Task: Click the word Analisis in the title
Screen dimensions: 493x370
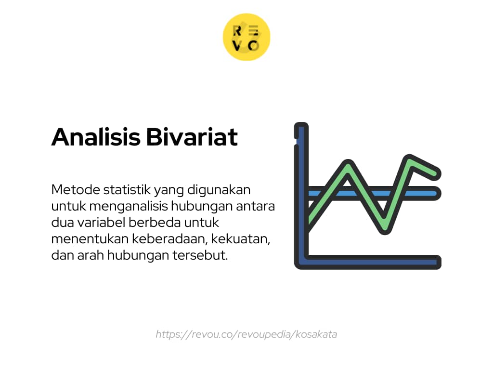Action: point(96,137)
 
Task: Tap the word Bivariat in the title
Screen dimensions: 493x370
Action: point(192,137)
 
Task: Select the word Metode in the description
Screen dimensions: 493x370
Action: point(76,190)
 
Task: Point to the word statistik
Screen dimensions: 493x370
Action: point(127,190)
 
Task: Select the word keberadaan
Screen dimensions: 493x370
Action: point(169,239)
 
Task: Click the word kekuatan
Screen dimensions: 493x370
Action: point(241,239)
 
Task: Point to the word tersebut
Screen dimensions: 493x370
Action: point(200,255)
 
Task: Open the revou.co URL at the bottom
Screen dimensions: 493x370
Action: point(246,334)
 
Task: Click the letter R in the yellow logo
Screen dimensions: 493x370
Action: point(237,31)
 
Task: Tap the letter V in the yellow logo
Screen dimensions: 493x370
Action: point(237,46)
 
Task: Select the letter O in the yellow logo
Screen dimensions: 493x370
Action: point(253,46)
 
